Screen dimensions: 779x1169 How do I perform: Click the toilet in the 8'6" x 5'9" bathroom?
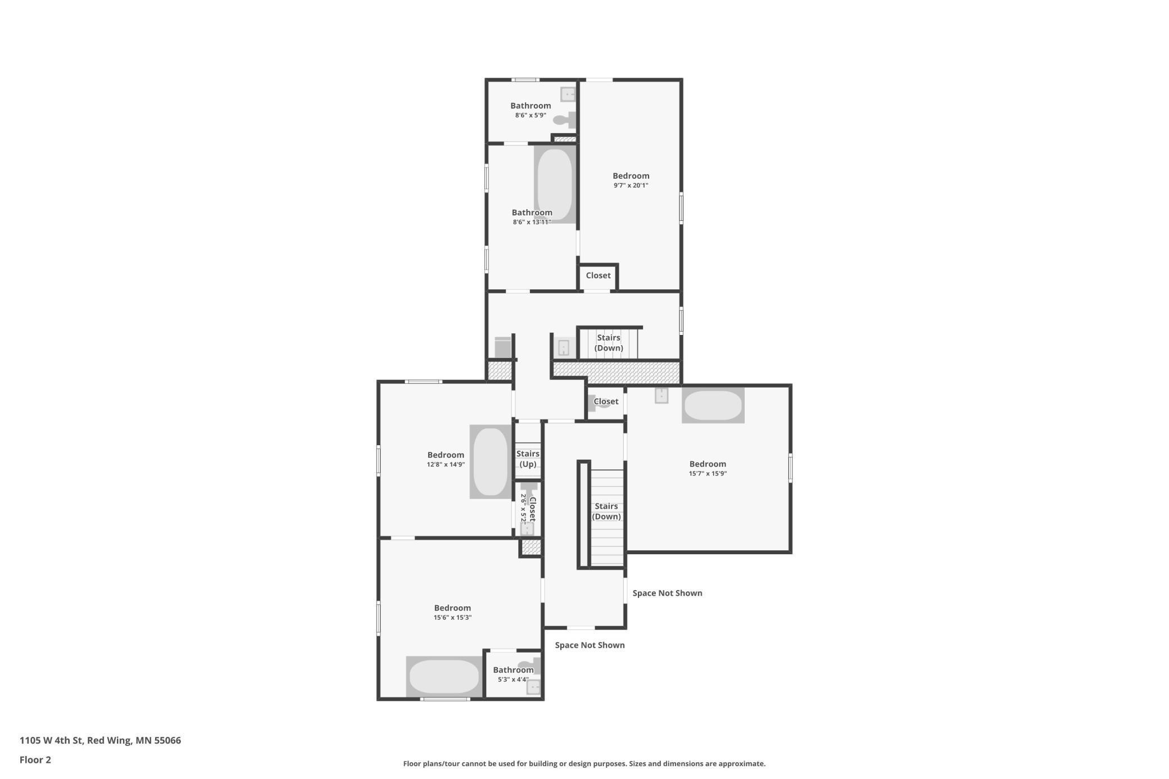coord(565,120)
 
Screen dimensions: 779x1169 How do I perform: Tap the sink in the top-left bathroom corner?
coord(568,94)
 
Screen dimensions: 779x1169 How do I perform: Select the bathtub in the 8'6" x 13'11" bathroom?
coord(555,184)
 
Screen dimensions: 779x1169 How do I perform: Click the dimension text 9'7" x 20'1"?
coord(631,185)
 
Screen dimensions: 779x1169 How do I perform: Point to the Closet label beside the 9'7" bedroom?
coord(598,275)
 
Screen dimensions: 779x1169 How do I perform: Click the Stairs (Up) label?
coord(528,459)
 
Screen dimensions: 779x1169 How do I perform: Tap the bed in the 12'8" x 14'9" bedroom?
coord(490,461)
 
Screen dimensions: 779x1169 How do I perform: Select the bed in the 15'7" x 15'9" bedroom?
coord(713,405)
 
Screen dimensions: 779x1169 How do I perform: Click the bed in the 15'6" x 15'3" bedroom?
coord(444,676)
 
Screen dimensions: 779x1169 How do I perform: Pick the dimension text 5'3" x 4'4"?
coord(513,680)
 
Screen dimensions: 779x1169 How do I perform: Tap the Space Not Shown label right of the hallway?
coord(667,593)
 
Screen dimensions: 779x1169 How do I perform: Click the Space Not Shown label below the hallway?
coord(590,645)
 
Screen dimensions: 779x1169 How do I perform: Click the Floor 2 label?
coord(35,760)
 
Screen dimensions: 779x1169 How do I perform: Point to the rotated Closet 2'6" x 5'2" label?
coord(528,509)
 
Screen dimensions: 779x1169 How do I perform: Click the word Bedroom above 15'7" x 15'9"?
coord(708,464)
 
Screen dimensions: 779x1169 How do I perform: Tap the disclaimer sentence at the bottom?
coord(584,763)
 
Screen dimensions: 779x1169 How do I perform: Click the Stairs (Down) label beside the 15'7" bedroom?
coord(606,511)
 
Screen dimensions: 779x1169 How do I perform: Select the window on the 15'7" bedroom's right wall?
coord(790,468)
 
